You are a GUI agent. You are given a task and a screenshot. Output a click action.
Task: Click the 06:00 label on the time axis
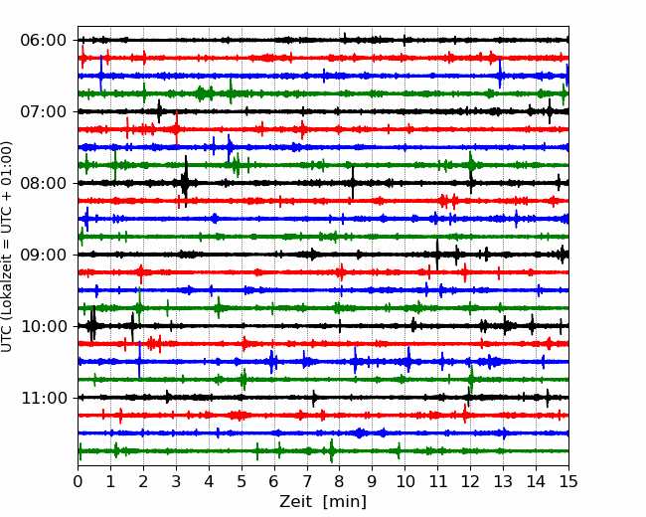tap(44, 41)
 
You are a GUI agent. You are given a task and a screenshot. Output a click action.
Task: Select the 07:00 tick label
tap(44, 111)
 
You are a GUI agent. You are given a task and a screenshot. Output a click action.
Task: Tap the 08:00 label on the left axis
tap(44, 183)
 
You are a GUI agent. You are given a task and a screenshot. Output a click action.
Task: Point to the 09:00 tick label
tap(44, 255)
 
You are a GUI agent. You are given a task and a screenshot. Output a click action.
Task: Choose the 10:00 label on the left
tap(44, 326)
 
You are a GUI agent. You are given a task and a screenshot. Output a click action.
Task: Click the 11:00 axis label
tap(44, 398)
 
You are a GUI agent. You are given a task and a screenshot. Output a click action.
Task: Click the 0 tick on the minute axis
tap(78, 481)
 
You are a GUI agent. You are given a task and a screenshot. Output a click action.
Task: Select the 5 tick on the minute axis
tap(242, 481)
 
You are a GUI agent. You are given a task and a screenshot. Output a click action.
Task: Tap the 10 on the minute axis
tap(404, 481)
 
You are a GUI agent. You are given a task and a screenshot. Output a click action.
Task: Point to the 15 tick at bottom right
tap(568, 481)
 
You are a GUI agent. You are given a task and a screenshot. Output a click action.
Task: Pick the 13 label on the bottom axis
tap(503, 481)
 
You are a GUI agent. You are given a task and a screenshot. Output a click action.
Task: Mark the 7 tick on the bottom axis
tap(307, 481)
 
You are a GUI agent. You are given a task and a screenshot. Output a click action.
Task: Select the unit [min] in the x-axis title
tap(345, 502)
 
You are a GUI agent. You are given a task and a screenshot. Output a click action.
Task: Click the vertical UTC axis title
tap(6, 247)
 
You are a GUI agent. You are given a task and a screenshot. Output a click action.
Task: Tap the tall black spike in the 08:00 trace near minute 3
tap(186, 181)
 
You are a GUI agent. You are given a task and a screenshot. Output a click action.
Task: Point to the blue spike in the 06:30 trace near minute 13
tap(500, 75)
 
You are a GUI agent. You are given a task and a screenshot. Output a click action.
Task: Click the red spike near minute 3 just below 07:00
tap(177, 128)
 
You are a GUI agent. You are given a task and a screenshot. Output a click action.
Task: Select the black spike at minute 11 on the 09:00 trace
tap(437, 255)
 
